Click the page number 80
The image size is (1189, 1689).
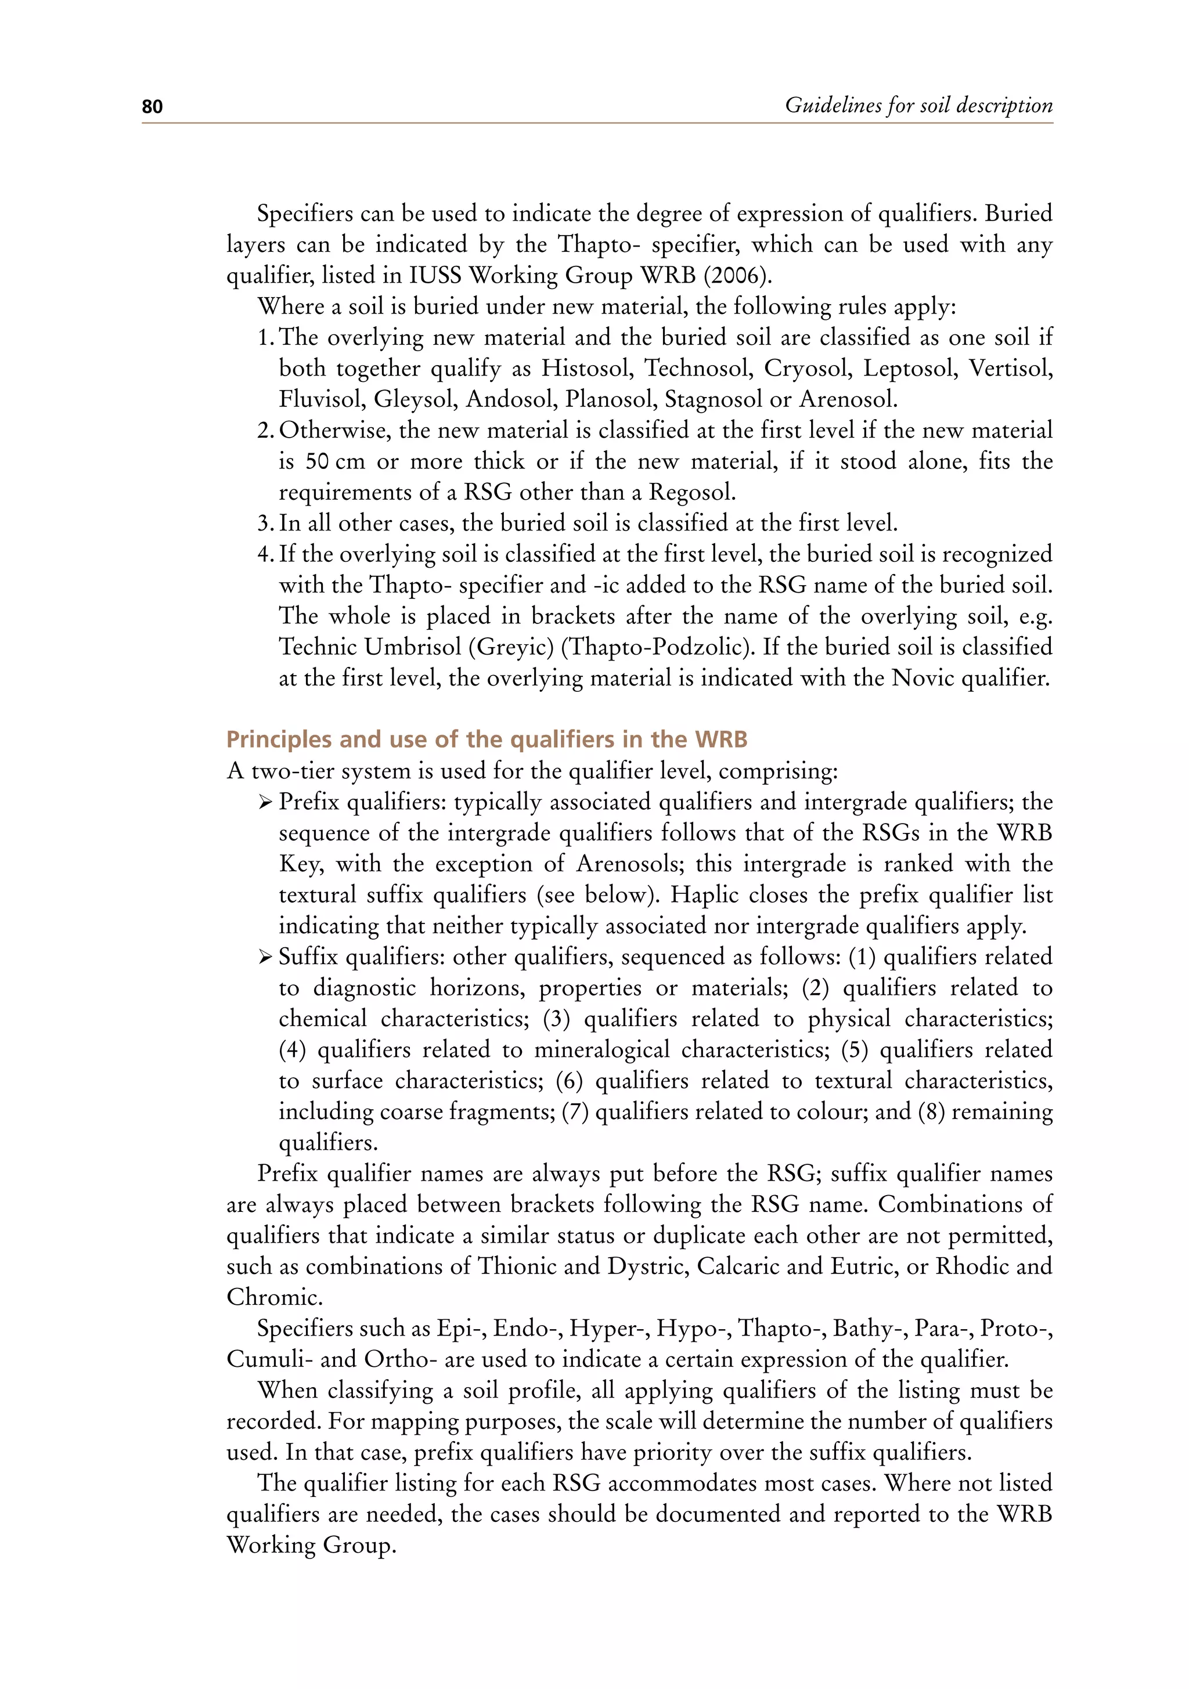click(x=152, y=107)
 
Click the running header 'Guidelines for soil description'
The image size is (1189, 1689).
click(x=918, y=105)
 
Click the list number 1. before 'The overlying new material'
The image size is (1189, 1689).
click(x=266, y=338)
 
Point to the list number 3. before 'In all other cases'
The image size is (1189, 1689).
click(x=266, y=523)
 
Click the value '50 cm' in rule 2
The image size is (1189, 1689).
click(x=335, y=462)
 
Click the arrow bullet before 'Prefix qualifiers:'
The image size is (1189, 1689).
click(x=266, y=802)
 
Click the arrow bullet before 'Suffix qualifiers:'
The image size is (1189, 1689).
click(x=266, y=957)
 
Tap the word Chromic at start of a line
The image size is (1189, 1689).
click(x=273, y=1297)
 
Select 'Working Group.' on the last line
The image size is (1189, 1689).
click(x=311, y=1545)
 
